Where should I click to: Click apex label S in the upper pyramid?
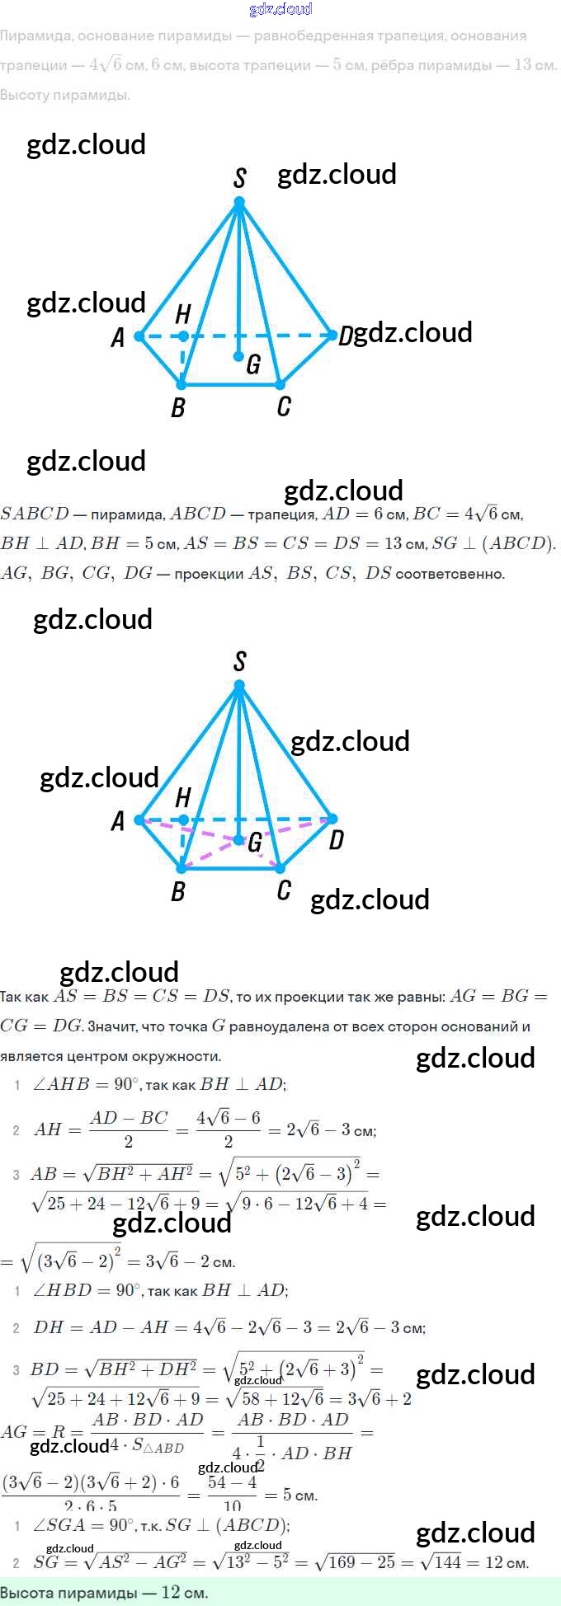coord(240,178)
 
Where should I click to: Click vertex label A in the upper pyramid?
coord(118,337)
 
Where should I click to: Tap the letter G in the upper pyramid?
coord(253,364)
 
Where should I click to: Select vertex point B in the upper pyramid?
coord(181,384)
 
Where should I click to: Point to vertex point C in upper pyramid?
coord(280,384)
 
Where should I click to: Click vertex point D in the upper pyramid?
coord(332,336)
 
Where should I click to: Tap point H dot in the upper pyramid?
coord(183,336)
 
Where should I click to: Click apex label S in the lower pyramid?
coord(240,661)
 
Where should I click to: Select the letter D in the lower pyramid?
coord(336,840)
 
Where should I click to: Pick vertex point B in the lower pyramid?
coord(181,868)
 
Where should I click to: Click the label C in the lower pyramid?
coord(284,890)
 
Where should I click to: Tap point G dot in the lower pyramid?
coord(238,840)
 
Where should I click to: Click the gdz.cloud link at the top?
coord(280,9)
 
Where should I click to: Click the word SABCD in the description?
coord(35,514)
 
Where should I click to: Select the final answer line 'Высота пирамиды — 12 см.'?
coord(104,1592)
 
